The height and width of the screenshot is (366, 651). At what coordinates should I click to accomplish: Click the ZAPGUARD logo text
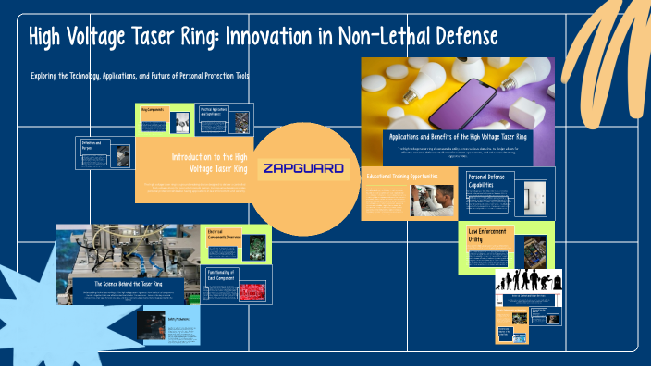(x=303, y=169)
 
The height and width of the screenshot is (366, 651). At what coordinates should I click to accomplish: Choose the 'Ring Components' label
(x=153, y=109)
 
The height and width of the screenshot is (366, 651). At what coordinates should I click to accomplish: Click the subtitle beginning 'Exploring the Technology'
(x=140, y=75)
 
